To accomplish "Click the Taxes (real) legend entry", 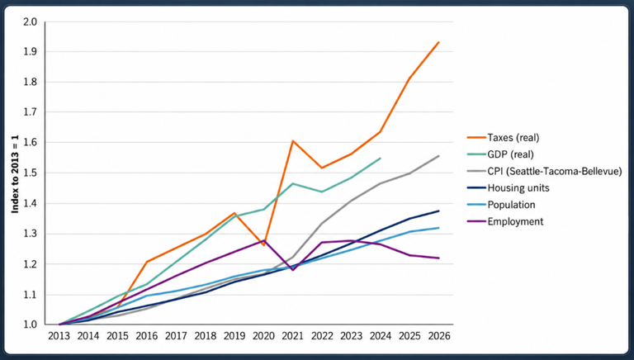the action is click(503, 138).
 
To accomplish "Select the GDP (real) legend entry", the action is click(500, 154).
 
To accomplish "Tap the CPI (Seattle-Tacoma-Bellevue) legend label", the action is click(555, 171).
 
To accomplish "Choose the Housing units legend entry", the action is click(509, 188).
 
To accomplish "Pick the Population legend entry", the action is click(501, 205).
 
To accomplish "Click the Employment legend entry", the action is click(505, 221).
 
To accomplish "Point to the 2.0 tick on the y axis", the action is click(30, 21).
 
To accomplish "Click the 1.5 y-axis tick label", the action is click(30, 173).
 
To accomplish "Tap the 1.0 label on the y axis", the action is click(30, 324).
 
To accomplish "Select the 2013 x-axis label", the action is click(59, 336).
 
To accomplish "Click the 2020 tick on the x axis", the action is click(263, 336).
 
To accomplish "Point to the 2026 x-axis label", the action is click(439, 336).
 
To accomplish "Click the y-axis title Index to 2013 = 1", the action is click(15, 174).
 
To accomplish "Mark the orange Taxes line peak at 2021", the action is click(292, 140).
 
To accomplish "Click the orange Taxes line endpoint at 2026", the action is click(438, 42).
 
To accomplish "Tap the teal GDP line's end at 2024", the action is click(381, 159).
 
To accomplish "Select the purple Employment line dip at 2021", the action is click(292, 270).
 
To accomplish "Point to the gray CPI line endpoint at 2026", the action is click(438, 156).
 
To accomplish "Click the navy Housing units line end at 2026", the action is click(438, 211).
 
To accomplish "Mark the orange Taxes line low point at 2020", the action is click(263, 245).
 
